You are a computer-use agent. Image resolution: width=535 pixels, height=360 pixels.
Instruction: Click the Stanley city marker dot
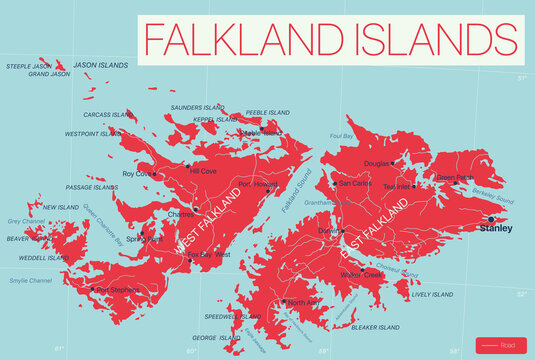(x=491, y=218)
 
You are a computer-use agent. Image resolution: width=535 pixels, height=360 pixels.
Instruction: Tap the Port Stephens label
(x=118, y=291)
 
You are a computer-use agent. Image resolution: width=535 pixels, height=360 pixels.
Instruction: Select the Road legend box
(x=500, y=345)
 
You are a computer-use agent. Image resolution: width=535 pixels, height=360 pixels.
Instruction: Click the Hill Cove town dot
(x=187, y=166)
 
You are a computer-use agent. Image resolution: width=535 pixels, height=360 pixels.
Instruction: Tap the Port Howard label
(x=258, y=184)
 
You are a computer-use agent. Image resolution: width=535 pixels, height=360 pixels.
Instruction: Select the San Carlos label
(x=356, y=183)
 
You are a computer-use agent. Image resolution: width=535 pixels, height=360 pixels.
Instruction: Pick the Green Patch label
(x=454, y=177)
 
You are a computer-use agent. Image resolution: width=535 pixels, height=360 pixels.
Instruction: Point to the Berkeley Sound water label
(x=491, y=200)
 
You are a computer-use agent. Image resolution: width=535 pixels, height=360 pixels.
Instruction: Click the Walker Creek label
(x=361, y=274)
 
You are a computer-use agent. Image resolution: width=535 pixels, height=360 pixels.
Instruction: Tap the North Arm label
(x=304, y=301)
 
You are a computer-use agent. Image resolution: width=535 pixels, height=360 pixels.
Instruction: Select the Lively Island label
(x=433, y=295)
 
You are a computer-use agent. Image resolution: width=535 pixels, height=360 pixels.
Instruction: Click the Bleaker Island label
(x=376, y=327)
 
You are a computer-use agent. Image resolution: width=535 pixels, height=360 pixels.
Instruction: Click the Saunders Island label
(x=198, y=107)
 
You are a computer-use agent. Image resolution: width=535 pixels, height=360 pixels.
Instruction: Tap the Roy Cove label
(x=135, y=173)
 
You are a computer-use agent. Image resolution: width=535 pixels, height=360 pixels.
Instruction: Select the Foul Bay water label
(x=342, y=135)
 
